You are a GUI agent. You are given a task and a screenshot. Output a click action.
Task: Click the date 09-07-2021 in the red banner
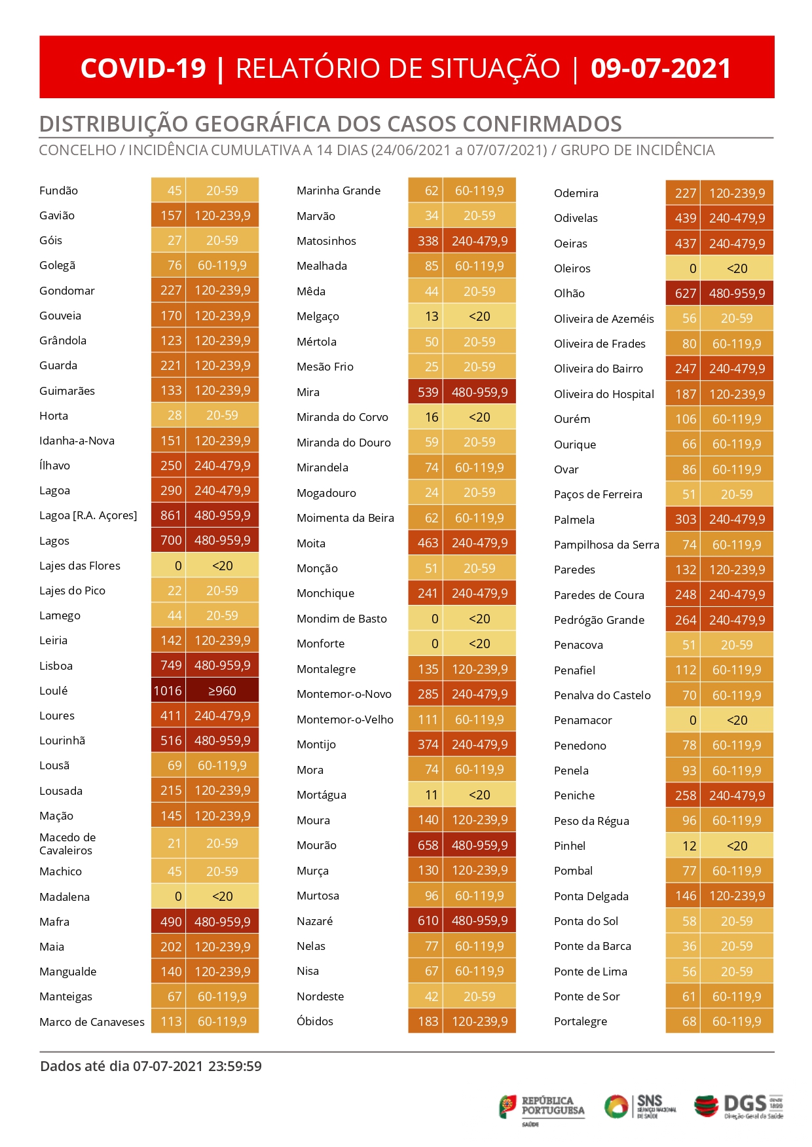point(660,69)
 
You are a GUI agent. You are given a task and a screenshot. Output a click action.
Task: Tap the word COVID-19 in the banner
point(143,69)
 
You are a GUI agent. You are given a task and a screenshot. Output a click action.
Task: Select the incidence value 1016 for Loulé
point(168,691)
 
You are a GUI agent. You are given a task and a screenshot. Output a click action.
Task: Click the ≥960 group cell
point(222,691)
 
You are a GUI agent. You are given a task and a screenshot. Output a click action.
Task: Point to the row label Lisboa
point(56,666)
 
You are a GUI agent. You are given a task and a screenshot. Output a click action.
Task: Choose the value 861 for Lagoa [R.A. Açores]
point(170,515)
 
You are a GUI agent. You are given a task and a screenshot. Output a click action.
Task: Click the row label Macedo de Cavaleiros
point(67,844)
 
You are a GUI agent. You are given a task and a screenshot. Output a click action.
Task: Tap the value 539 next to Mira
point(428,392)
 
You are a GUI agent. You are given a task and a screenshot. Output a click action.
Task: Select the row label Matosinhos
point(326,241)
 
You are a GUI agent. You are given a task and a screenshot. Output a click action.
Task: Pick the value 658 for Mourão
point(428,845)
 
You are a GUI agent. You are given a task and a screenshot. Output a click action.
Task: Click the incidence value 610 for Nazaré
point(428,921)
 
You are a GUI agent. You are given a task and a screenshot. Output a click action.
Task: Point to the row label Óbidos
point(315,1021)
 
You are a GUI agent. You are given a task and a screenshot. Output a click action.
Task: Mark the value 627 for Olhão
point(685,293)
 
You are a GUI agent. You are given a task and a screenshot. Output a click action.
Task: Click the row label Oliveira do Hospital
point(604,394)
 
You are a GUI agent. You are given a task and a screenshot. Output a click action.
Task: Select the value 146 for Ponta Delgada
point(685,896)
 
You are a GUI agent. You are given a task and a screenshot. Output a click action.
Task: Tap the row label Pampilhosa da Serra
point(606,545)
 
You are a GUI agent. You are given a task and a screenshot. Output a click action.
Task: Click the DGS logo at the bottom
point(739,1107)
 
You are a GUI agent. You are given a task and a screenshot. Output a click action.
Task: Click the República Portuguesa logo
point(542,1108)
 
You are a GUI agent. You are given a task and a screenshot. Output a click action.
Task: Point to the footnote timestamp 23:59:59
point(234,1066)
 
